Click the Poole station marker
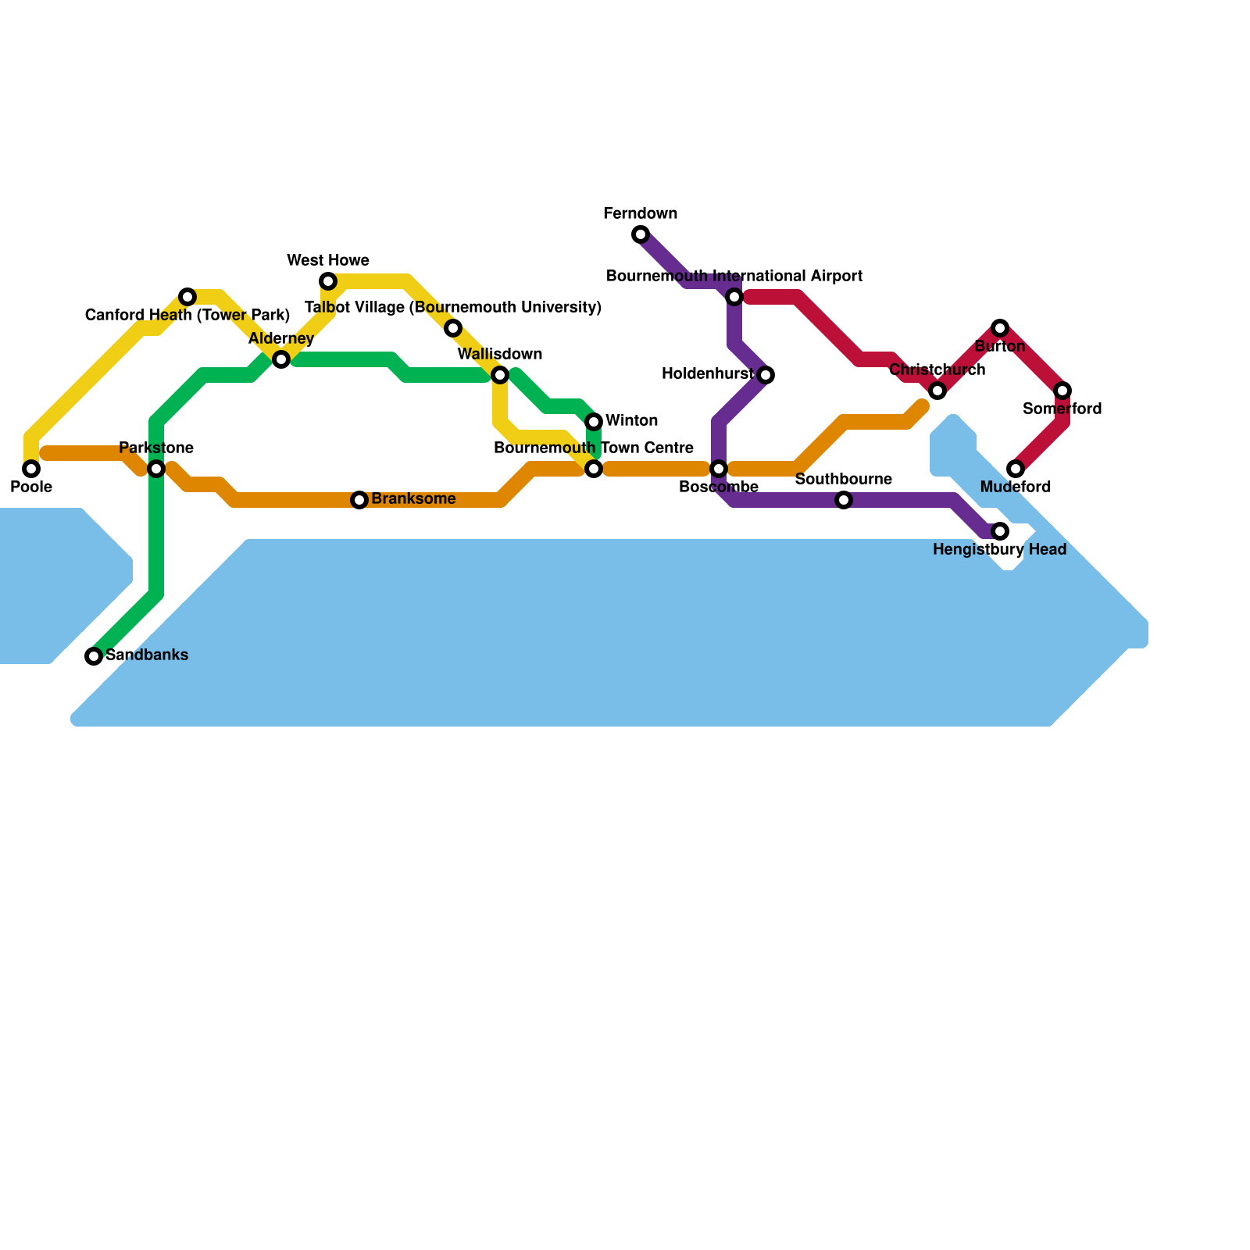point(31,469)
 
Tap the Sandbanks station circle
point(94,656)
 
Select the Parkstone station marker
point(156,469)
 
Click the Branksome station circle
point(359,500)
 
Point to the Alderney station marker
point(281,359)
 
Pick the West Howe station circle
point(328,281)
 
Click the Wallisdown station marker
point(500,375)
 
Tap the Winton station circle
point(594,422)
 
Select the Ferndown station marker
point(641,234)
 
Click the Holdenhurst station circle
point(766,375)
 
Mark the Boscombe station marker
point(719,469)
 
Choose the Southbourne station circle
point(844,500)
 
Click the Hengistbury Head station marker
point(1000,531)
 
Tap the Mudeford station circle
point(1016,469)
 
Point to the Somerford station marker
point(1062,391)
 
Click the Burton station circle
point(1000,328)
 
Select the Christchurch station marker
point(937,391)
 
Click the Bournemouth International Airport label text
point(734,276)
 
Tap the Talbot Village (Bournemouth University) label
point(453,307)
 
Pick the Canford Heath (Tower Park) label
point(187,315)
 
